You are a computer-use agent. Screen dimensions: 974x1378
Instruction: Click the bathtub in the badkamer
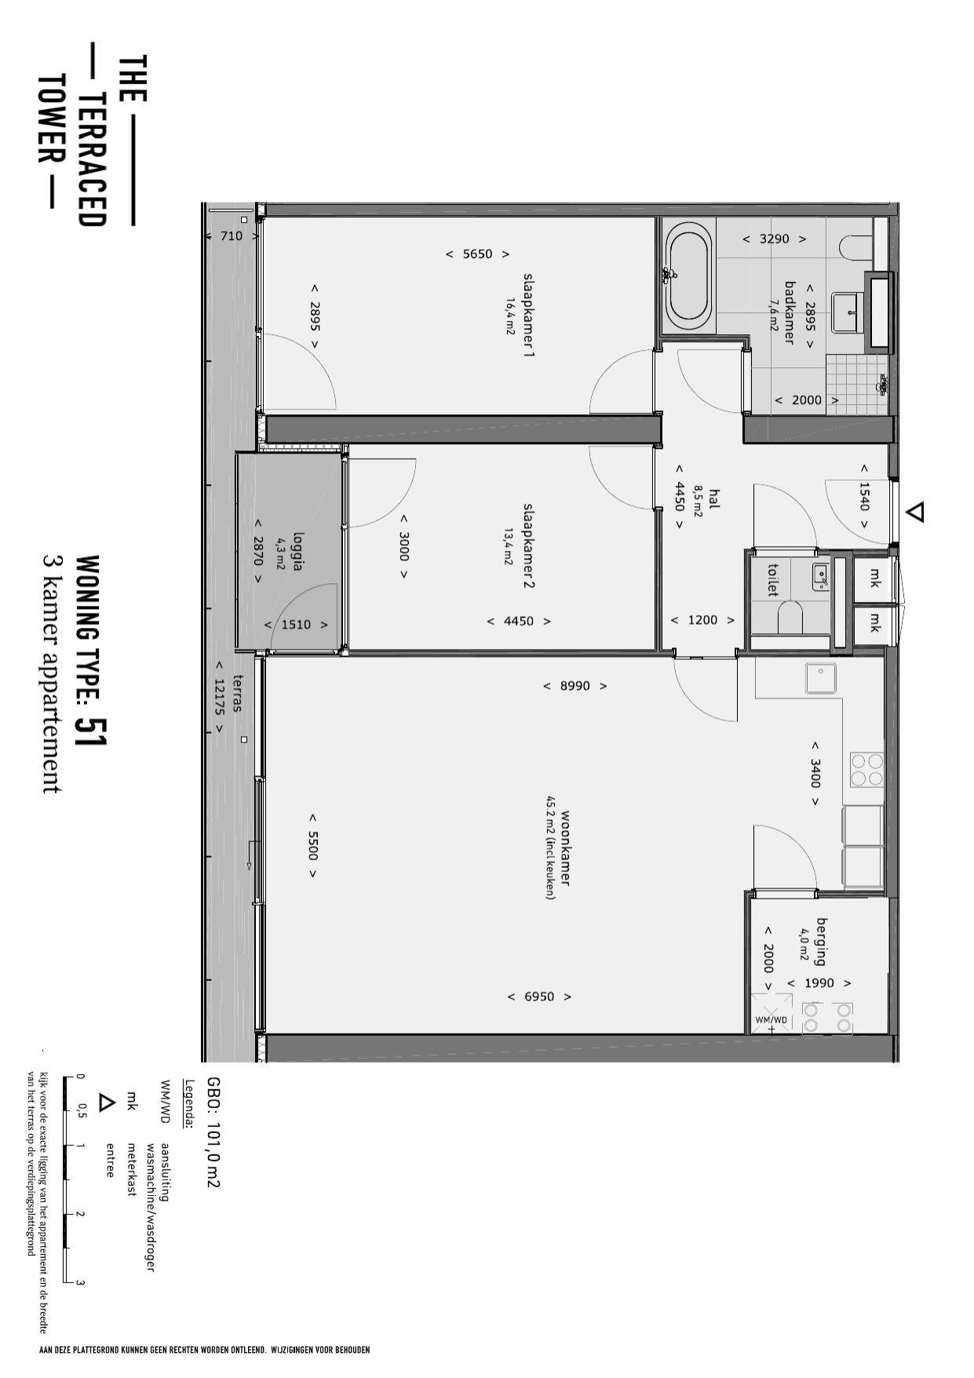pyautogui.click(x=688, y=275)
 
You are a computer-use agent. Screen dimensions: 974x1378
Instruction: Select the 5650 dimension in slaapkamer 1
pyautogui.click(x=478, y=254)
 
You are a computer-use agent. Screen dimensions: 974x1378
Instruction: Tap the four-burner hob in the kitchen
pyautogui.click(x=866, y=769)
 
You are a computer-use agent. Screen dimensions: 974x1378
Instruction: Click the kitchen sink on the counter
pyautogui.click(x=821, y=678)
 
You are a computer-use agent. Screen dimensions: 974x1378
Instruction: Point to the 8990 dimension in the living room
pyautogui.click(x=575, y=686)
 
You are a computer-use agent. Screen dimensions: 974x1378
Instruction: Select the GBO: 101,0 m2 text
pyautogui.click(x=213, y=1132)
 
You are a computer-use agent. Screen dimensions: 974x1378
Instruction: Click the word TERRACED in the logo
pyautogui.click(x=93, y=160)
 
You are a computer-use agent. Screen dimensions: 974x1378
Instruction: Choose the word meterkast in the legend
pyautogui.click(x=131, y=1169)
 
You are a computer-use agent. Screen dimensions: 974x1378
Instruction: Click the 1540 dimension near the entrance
pyautogui.click(x=864, y=496)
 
